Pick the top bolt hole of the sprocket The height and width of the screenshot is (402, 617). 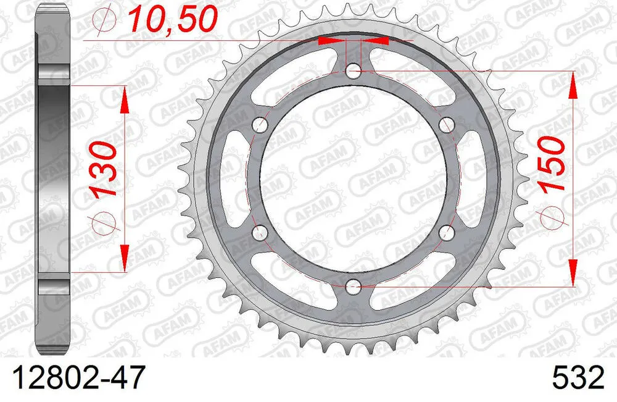click(353, 71)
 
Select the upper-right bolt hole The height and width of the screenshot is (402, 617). click(445, 125)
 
